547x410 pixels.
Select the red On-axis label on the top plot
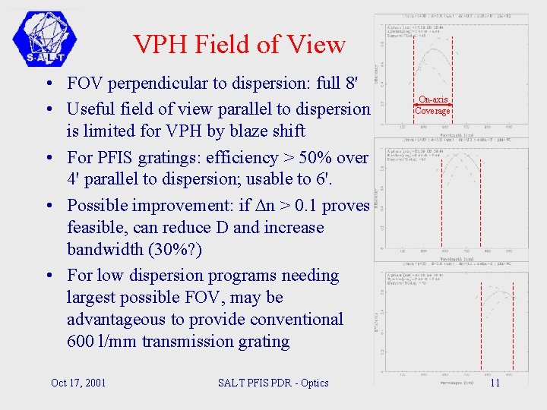[433, 99]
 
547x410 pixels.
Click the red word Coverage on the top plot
[432, 111]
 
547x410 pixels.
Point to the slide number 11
[495, 383]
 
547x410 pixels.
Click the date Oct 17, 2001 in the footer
[78, 383]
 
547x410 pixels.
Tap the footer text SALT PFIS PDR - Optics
[273, 383]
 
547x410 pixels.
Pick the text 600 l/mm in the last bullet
[96, 341]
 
